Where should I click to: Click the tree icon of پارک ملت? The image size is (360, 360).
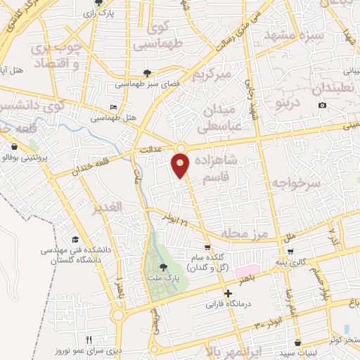(164, 267)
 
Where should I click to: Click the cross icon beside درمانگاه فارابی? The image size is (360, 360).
(226, 293)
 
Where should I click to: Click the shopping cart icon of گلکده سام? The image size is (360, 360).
(207, 247)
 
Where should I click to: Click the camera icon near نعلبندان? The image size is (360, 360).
(322, 105)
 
